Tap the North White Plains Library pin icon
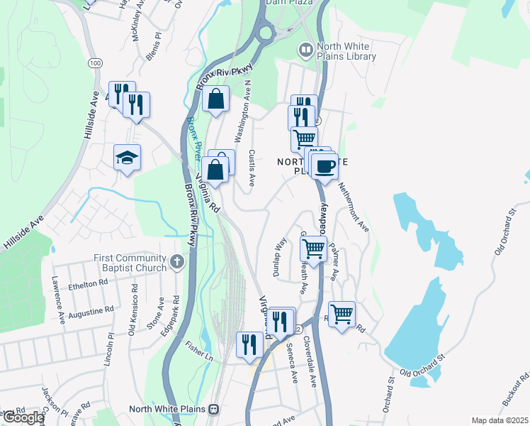tap(306, 50)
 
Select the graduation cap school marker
tap(127, 158)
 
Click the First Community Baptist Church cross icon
tap(177, 263)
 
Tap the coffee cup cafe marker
tap(324, 167)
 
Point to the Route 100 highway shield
tap(95, 63)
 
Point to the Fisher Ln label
tap(199, 349)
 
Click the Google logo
tap(23, 417)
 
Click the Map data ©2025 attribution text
tap(500, 421)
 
